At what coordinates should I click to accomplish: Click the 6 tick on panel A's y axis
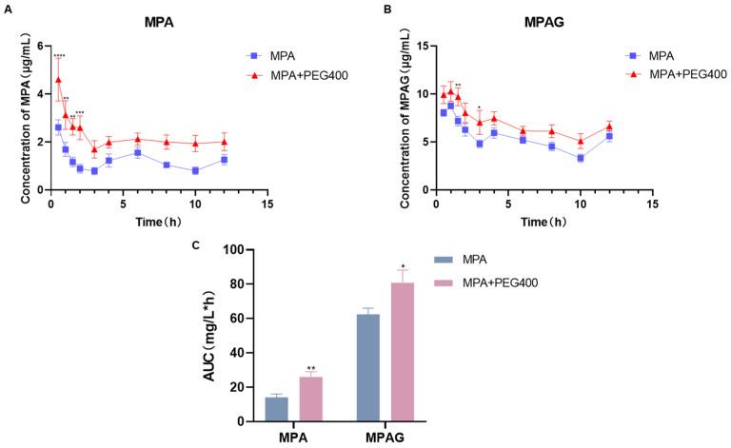[39, 46]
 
